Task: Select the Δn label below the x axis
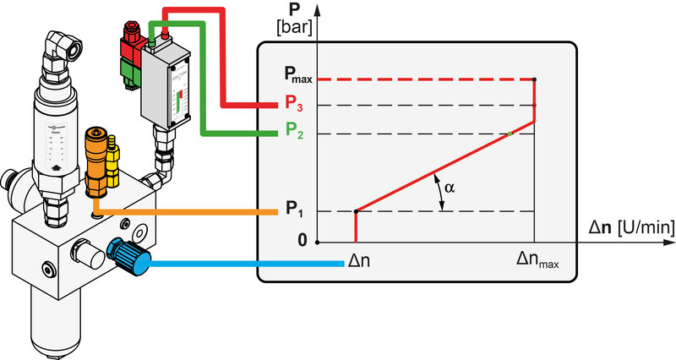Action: (357, 261)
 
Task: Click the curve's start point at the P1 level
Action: (355, 211)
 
